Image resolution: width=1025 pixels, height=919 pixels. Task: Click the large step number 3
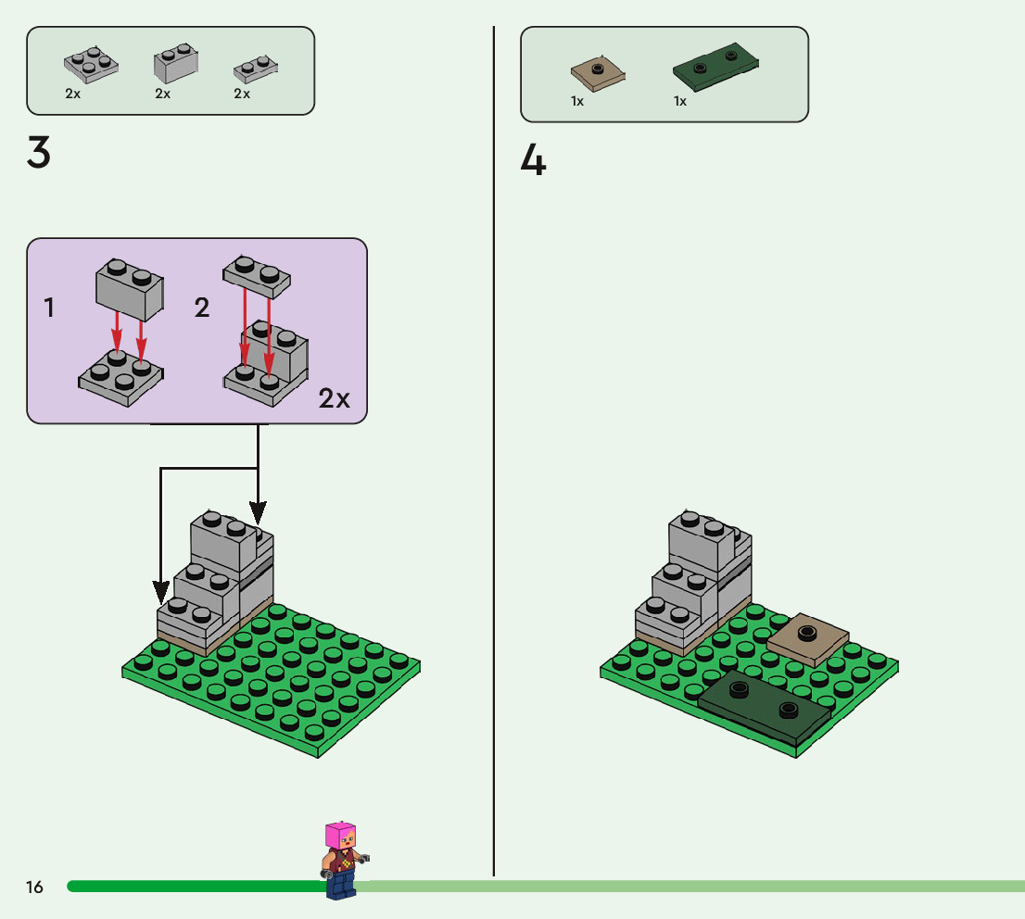click(38, 153)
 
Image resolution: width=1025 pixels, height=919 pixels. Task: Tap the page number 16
click(34, 888)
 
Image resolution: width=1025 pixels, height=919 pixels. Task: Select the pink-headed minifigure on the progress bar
click(340, 860)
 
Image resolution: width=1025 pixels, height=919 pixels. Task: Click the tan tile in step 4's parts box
click(597, 75)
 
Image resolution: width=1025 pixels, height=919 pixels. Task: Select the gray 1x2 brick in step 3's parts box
click(173, 64)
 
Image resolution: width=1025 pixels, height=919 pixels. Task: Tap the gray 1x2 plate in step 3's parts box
click(256, 69)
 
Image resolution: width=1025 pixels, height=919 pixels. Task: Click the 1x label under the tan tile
click(577, 102)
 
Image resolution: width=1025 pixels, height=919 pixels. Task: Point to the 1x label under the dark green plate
click(680, 102)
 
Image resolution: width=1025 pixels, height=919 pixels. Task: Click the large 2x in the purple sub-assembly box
click(335, 398)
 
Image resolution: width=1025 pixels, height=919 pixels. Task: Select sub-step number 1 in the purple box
click(49, 308)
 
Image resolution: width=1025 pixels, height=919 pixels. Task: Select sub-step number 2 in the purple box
click(202, 308)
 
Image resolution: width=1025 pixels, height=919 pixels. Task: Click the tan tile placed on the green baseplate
click(808, 637)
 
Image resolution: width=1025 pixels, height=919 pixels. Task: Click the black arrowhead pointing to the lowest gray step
click(161, 590)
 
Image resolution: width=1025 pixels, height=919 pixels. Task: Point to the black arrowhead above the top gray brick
click(258, 510)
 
